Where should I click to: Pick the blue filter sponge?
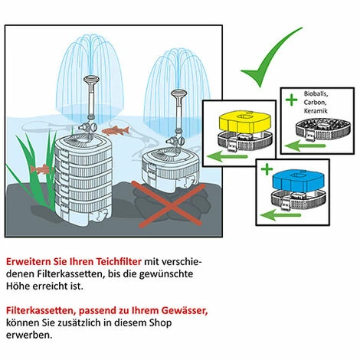299,181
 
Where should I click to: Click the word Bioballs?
316,93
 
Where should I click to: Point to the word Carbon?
315,103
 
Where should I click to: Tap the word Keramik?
316,111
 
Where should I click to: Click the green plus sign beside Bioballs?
291,100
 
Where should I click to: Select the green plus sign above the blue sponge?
267,169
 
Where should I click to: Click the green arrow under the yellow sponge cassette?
227,157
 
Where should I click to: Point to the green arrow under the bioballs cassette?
305,146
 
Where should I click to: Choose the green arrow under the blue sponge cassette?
280,215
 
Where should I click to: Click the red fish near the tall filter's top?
116,131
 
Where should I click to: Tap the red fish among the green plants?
41,169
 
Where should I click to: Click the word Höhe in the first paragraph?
16,286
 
